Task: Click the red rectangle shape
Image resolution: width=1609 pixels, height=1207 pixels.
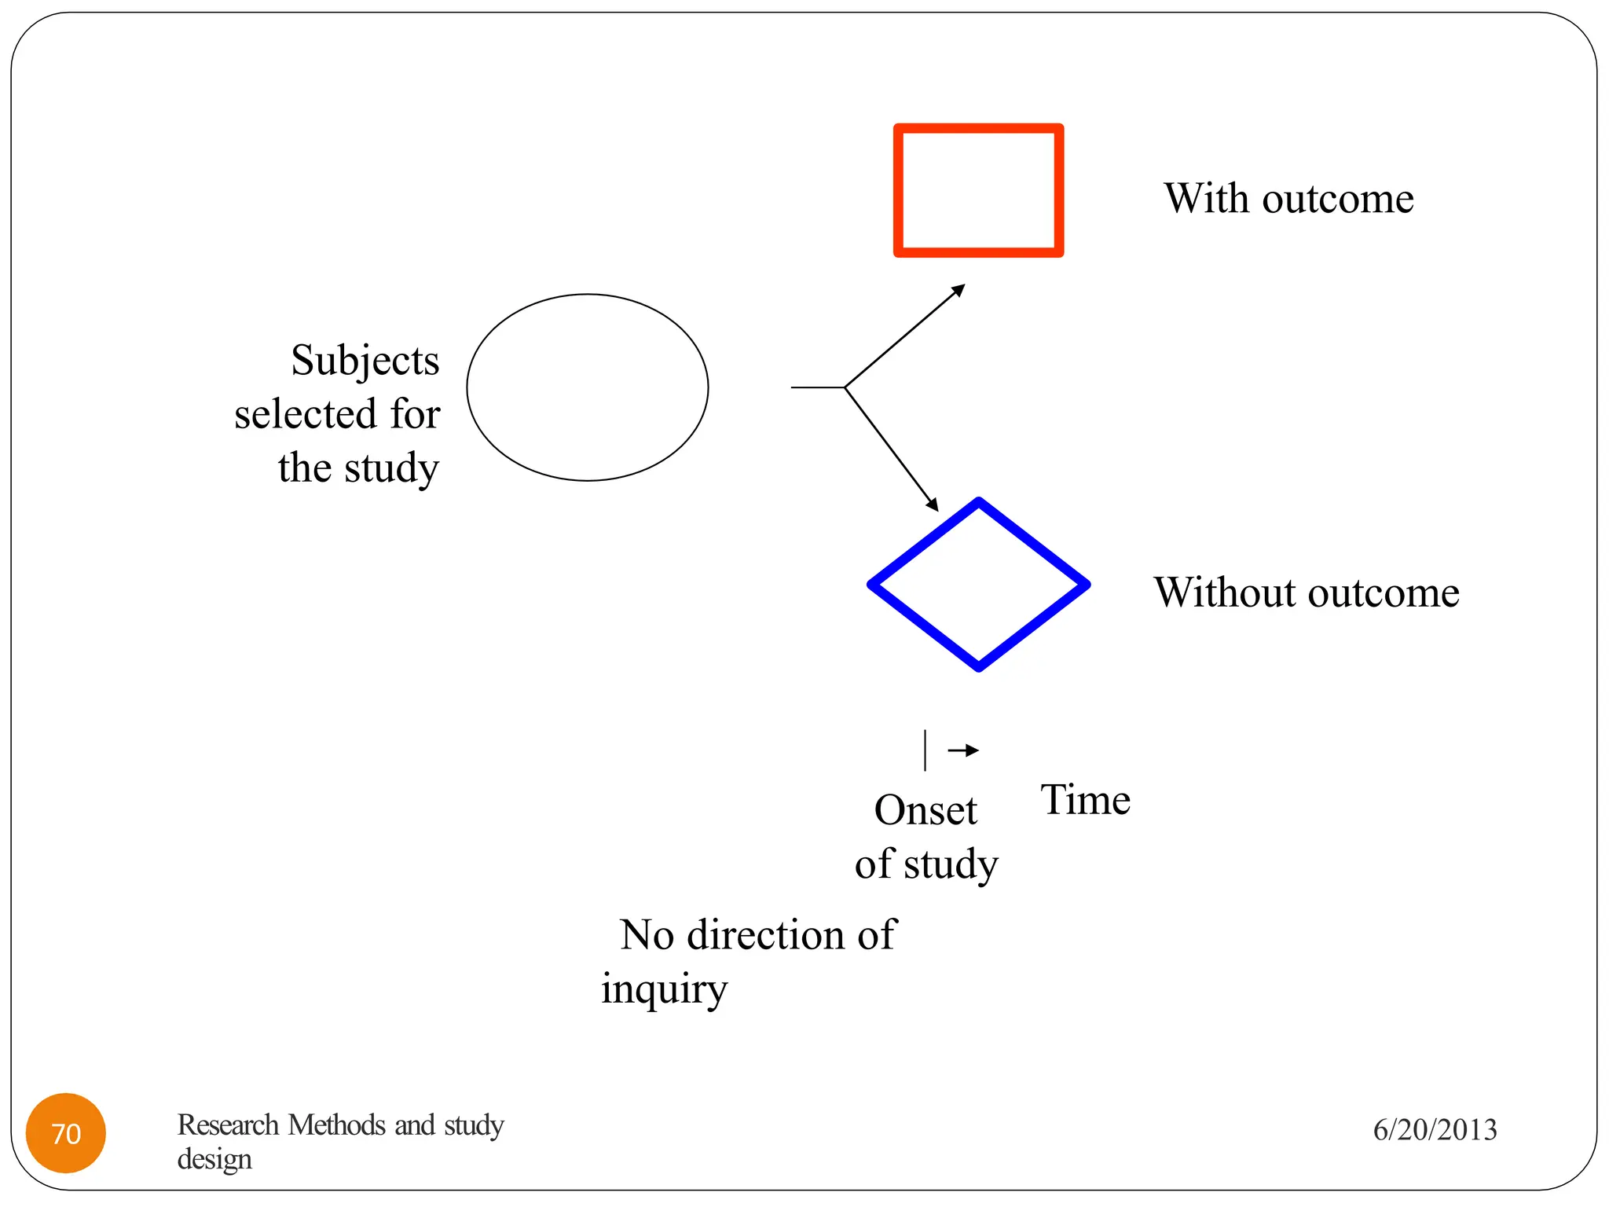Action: click(x=978, y=129)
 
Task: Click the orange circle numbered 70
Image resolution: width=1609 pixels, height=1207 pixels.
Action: click(x=66, y=1132)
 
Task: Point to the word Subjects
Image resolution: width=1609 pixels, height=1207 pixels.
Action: click(x=365, y=361)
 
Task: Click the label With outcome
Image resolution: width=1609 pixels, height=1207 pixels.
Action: click(x=1288, y=198)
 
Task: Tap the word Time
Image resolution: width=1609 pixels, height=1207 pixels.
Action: click(x=1085, y=800)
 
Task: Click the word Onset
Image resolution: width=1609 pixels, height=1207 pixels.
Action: click(x=925, y=810)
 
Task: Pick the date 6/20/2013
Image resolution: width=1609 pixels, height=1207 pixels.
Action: click(x=1435, y=1129)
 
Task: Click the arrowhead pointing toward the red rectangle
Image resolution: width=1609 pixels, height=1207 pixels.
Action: click(x=958, y=290)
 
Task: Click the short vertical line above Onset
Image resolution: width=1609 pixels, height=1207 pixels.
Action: click(x=925, y=750)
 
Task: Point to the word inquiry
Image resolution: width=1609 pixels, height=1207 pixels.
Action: click(x=664, y=989)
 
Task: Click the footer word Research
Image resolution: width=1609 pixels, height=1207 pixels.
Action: click(x=228, y=1124)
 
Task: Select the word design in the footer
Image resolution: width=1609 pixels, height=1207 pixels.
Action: click(x=214, y=1159)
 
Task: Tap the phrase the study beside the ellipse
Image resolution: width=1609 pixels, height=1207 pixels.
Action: click(x=358, y=468)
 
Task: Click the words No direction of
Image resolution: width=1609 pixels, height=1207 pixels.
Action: click(x=757, y=935)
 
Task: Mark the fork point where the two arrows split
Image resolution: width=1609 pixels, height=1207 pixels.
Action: click(x=845, y=387)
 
